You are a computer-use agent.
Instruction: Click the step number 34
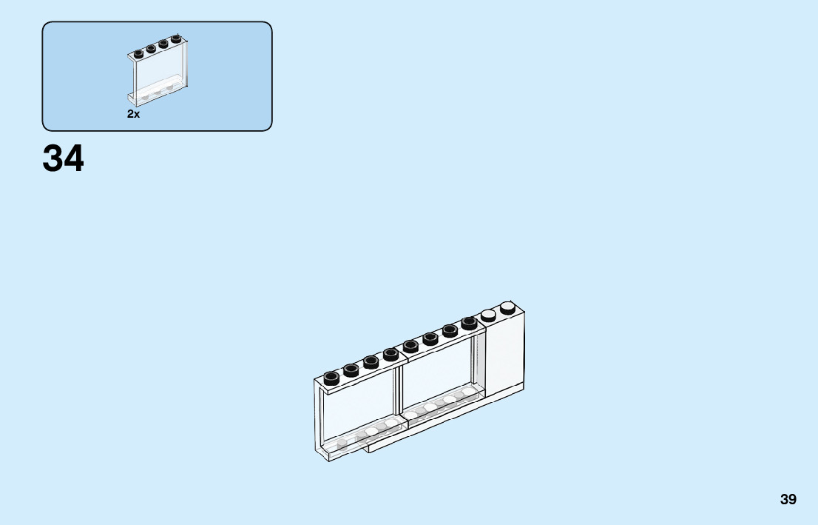63,158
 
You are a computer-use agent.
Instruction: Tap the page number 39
788,499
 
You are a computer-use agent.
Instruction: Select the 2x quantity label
133,114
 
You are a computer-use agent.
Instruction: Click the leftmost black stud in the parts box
138,54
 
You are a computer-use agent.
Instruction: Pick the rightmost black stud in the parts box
176,39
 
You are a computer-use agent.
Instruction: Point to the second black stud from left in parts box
151,49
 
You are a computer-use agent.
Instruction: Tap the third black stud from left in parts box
163,44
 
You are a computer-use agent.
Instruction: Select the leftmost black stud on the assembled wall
331,378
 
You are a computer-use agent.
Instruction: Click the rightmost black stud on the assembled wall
469,323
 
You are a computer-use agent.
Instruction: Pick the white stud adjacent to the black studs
488,315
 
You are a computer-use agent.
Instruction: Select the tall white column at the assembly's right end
506,352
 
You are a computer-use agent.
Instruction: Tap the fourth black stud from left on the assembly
391,354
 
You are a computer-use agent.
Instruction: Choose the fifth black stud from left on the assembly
410,346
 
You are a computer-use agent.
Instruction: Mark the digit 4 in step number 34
74,158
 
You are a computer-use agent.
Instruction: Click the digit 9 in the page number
793,499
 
